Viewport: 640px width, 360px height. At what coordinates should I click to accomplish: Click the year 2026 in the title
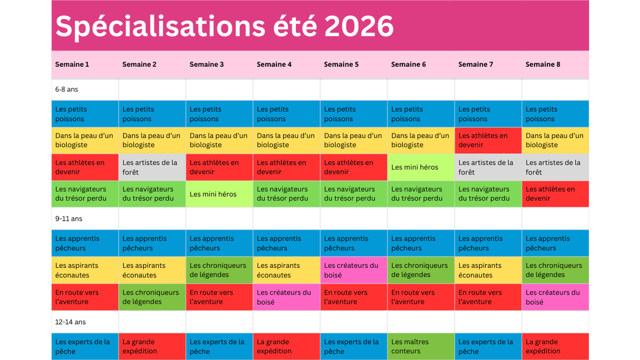[x=359, y=26]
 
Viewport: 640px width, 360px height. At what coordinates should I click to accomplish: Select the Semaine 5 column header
[x=341, y=64]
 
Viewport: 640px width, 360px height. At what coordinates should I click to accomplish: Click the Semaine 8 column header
[x=543, y=64]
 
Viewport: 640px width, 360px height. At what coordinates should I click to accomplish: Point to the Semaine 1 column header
[x=72, y=64]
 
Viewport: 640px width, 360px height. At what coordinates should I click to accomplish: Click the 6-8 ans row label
[x=67, y=89]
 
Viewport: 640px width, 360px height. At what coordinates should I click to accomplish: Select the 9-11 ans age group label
[x=68, y=219]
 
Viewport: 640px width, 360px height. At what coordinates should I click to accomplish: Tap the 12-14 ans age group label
[x=70, y=322]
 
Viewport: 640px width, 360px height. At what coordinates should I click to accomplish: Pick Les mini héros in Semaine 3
[x=213, y=194]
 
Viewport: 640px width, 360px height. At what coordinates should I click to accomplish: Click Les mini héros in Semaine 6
[x=415, y=167]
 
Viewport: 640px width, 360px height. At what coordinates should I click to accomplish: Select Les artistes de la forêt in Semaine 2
[x=150, y=167]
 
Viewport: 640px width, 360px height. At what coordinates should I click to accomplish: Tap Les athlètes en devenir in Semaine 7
[x=483, y=141]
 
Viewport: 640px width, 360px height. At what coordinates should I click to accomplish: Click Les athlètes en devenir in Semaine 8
[x=550, y=194]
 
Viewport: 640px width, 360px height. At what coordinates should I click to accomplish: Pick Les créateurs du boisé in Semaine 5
[x=351, y=270]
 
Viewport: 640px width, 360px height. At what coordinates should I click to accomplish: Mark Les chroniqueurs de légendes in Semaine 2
[x=151, y=297]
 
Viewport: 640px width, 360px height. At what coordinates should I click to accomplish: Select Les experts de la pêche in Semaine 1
[x=82, y=346]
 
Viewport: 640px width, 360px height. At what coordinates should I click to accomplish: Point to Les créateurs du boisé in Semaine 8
[x=553, y=297]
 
